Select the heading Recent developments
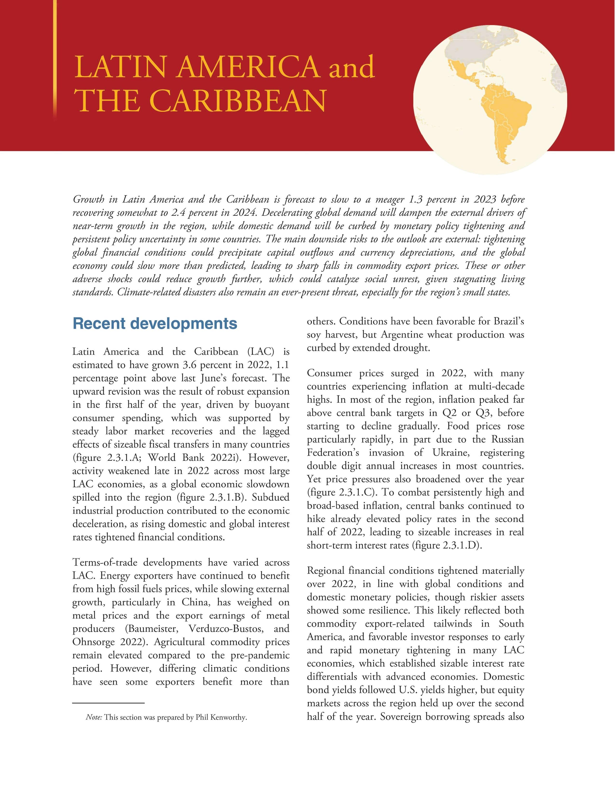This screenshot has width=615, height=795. click(155, 323)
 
